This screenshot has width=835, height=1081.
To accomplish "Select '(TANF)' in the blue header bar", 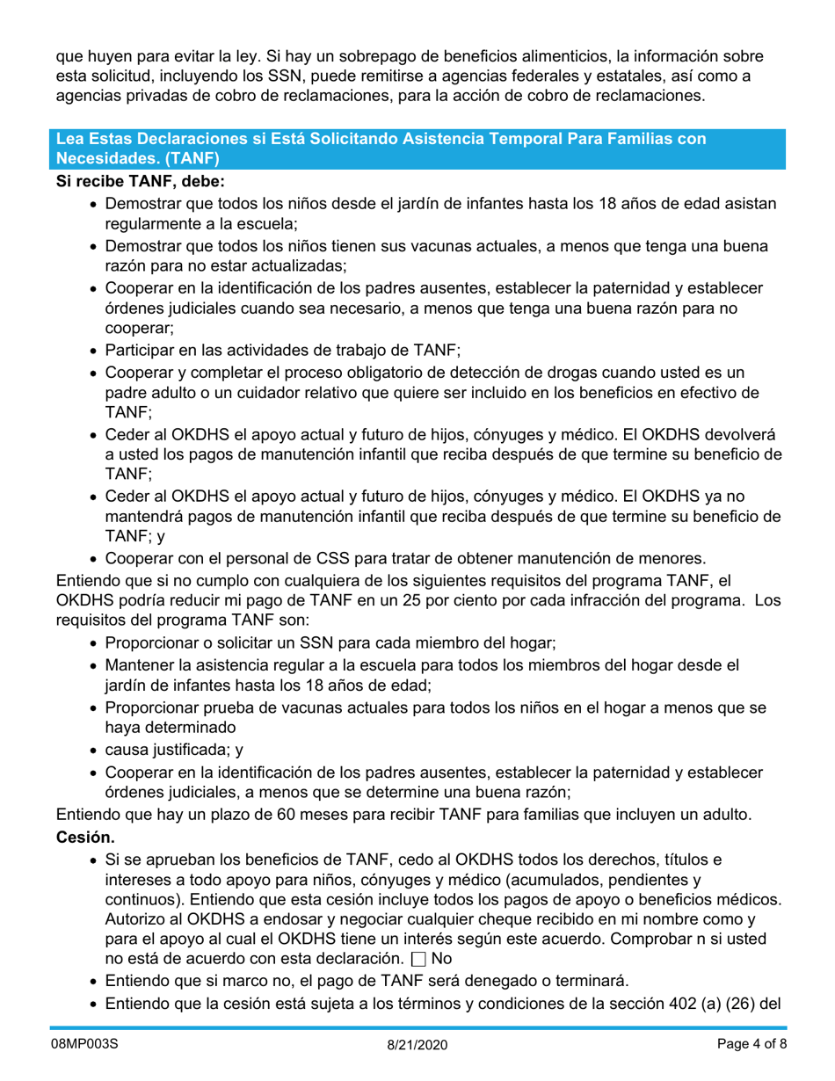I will click(190, 158).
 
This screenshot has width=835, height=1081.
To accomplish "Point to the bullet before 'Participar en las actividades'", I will click(96, 349).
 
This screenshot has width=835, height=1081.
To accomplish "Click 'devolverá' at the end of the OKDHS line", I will click(744, 435).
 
